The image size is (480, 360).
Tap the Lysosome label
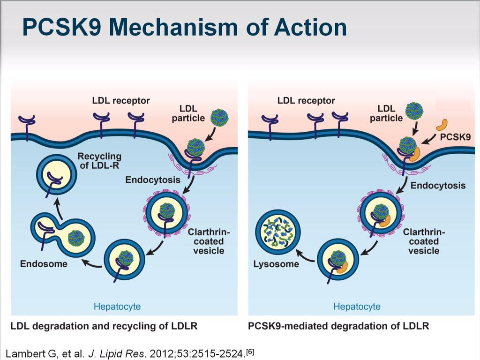[x=276, y=264]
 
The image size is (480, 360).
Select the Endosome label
[x=44, y=264]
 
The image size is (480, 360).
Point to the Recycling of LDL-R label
[x=99, y=160]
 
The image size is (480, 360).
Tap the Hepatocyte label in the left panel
[x=117, y=307]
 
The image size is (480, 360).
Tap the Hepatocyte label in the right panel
[x=357, y=307]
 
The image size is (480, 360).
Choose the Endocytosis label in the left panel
[x=153, y=180]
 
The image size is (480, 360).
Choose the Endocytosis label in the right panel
[x=438, y=186]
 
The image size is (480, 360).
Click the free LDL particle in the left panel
[x=219, y=117]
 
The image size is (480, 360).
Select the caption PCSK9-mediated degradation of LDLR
[x=338, y=326]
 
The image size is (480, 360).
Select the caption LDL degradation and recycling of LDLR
[x=104, y=326]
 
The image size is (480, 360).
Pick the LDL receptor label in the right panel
[x=306, y=100]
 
